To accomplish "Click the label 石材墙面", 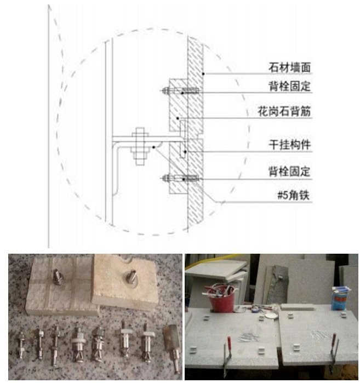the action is click(290, 67).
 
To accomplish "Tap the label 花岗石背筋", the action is click(284, 111).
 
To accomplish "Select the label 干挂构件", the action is click(290, 145).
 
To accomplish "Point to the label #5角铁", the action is click(294, 196).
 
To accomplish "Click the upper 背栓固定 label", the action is click(290, 86).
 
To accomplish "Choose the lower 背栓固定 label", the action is click(290, 172).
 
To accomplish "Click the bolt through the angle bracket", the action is click(140, 146).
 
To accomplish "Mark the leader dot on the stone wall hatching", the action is click(203, 73).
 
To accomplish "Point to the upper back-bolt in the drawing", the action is click(181, 91).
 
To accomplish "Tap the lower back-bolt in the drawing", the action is click(181, 179).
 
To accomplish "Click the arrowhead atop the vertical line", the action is click(49, 7).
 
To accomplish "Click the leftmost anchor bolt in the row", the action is click(21, 345).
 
